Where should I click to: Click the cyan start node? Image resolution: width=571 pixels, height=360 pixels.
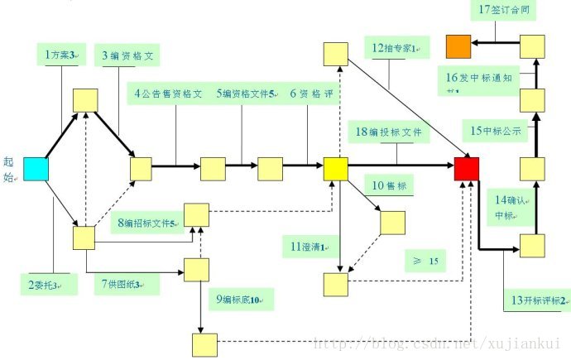pyautogui.click(x=36, y=168)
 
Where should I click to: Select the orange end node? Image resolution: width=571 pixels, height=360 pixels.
pyautogui.click(x=458, y=47)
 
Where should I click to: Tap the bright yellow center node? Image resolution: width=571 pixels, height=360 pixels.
pyautogui.click(x=335, y=168)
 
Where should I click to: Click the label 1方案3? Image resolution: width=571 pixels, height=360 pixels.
pyautogui.click(x=63, y=55)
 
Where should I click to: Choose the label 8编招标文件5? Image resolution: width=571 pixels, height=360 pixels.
pyautogui.click(x=151, y=223)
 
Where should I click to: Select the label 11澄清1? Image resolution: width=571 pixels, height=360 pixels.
pyautogui.click(x=312, y=246)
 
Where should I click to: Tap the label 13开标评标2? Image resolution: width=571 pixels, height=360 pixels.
pyautogui.click(x=536, y=300)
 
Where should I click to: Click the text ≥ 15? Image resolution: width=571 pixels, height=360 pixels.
pyautogui.click(x=425, y=262)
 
